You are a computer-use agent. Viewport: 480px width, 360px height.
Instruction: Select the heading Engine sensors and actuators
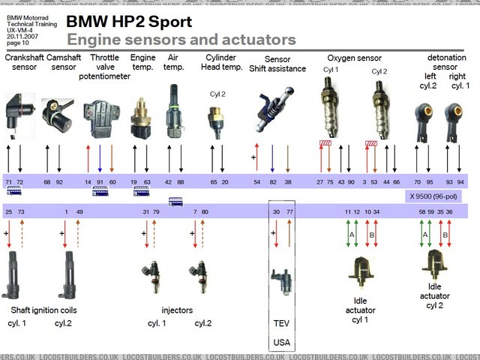click(x=181, y=40)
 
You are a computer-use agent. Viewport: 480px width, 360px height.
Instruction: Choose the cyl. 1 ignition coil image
click(x=17, y=274)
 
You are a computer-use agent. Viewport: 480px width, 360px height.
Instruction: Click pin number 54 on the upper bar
click(x=256, y=181)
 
